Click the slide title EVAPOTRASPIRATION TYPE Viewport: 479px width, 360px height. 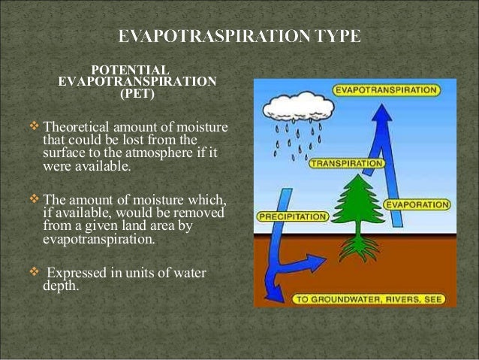point(239,35)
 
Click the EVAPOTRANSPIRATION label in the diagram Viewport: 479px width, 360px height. point(387,90)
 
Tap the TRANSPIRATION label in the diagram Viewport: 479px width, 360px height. point(346,162)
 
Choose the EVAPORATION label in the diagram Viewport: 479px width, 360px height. point(417,204)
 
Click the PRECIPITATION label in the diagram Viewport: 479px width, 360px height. point(293,216)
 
